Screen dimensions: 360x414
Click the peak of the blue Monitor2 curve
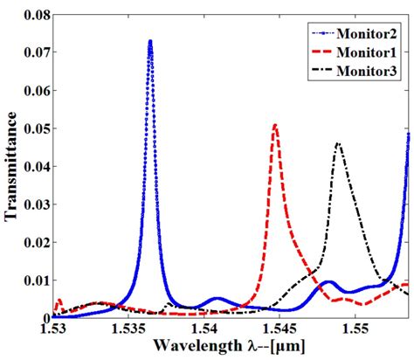coord(150,42)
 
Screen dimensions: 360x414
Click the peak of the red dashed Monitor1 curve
coord(275,125)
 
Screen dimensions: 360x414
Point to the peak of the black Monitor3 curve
coord(338,143)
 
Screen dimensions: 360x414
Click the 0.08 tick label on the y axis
coord(31,15)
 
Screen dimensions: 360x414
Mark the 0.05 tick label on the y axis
coord(31,128)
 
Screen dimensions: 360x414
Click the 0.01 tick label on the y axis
coord(31,280)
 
